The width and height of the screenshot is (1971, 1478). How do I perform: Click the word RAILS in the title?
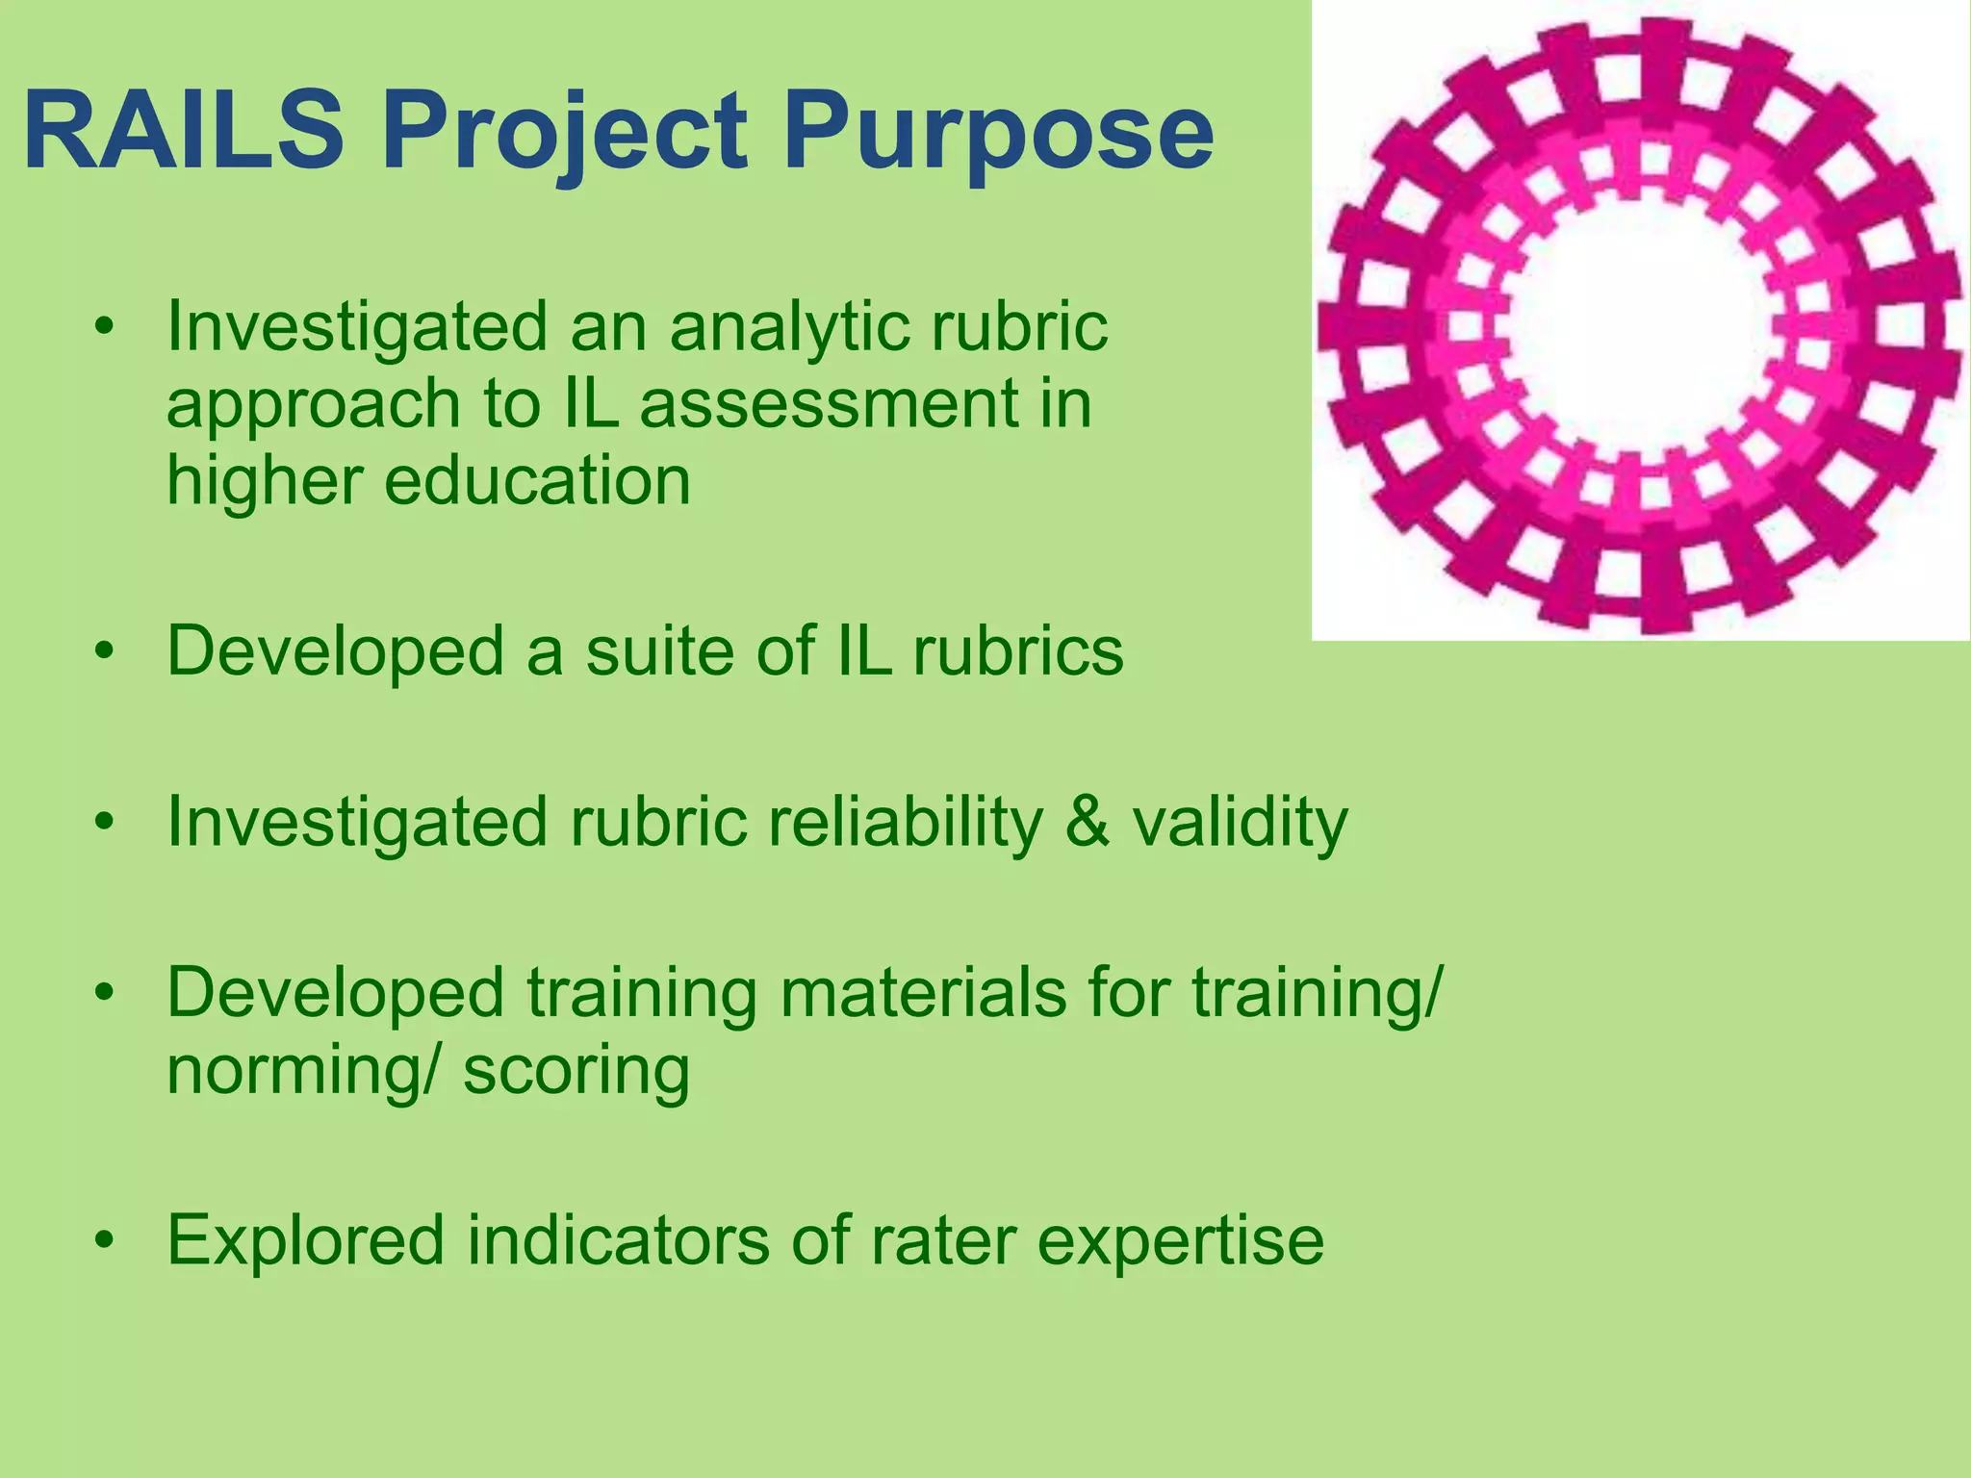pyautogui.click(x=183, y=130)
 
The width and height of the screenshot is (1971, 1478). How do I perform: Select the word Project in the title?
pyautogui.click(x=564, y=135)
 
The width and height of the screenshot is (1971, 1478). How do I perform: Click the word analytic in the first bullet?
pyautogui.click(x=785, y=328)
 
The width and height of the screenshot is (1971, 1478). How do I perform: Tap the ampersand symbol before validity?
pyautogui.click(x=1088, y=822)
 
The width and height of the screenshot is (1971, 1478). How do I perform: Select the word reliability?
pyautogui.click(x=905, y=824)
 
